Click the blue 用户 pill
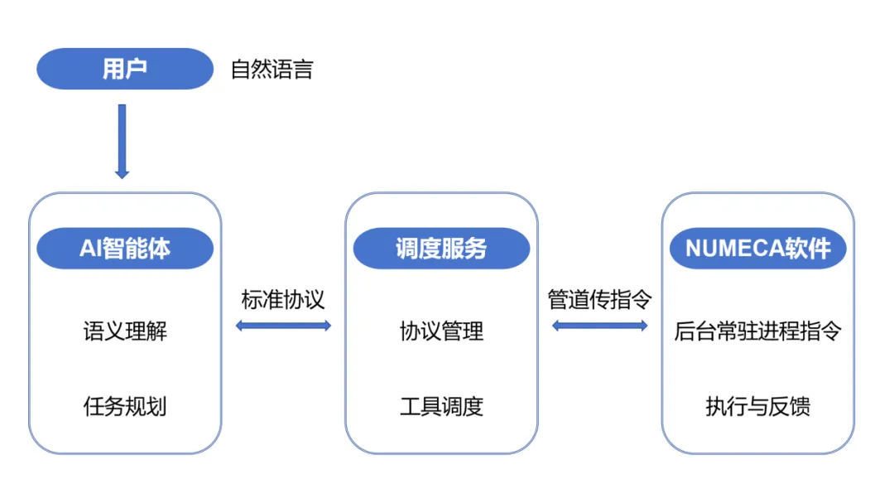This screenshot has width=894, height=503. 125,69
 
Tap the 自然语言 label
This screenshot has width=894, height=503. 272,69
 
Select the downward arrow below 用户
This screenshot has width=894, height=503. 122,141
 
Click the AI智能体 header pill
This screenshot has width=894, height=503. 125,249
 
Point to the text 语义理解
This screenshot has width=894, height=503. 126,331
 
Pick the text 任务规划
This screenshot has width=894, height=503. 125,407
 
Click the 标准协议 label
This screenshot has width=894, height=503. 283,299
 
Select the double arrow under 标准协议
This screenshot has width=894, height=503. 283,326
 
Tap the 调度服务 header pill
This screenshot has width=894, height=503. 442,249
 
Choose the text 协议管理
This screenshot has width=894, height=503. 442,331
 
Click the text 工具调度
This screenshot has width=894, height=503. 442,407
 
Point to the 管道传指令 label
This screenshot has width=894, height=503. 600,299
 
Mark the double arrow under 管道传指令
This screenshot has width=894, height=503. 600,326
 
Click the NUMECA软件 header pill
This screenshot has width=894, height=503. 757,249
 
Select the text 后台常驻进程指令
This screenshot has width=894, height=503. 757,331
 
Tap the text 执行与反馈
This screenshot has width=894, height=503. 757,407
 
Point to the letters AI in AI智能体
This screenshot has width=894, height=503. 90,249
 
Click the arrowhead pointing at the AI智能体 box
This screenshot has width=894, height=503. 122,174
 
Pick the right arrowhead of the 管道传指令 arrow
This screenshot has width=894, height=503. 644,326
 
